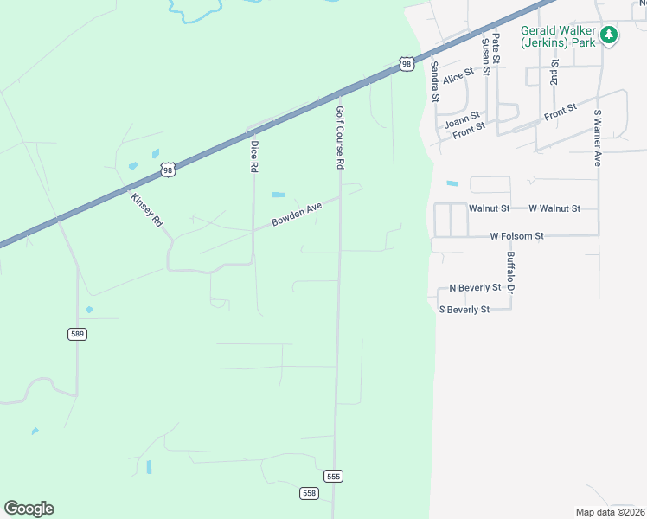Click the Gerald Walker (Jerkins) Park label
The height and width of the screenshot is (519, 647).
pos(558,35)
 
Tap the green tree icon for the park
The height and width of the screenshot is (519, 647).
pos(610,35)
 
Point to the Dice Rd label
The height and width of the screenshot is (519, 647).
pos(253,157)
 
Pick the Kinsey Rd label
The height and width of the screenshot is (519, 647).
pos(146,209)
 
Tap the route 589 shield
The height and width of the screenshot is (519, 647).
pos(78,334)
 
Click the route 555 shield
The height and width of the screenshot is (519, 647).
pos(334,477)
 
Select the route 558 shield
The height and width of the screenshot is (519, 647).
pos(309,493)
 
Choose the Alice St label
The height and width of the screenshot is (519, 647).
pos(458,77)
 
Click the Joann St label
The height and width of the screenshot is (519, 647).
pos(462,120)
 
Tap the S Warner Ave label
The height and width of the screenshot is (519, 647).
pos(597,137)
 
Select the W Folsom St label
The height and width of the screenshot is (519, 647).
pos(516,235)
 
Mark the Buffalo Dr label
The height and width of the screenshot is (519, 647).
pos(510,272)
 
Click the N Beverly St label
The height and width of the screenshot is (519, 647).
pos(475,287)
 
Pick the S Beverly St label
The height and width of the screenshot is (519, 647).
pos(464,309)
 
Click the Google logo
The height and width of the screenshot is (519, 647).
pos(29,509)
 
